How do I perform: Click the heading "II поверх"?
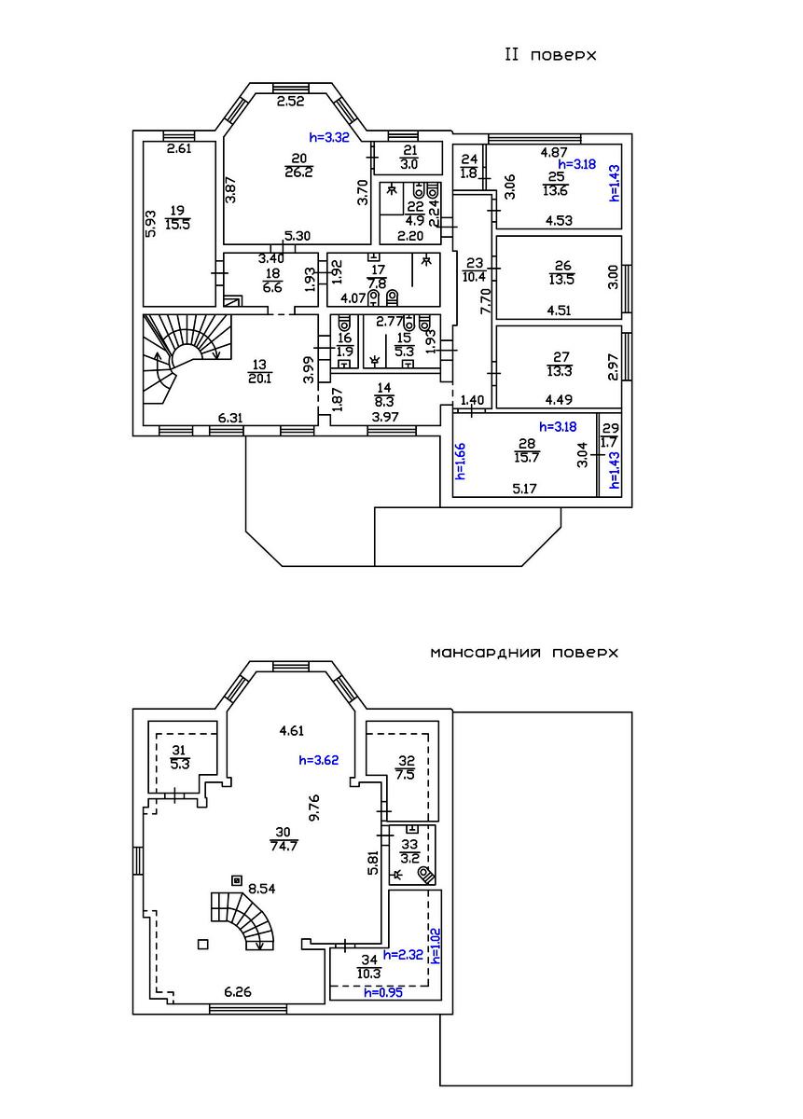[x=550, y=55]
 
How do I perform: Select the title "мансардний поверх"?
[x=524, y=653]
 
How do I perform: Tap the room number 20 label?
[x=298, y=157]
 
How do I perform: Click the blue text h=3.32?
[x=330, y=137]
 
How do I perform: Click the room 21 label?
[x=409, y=150]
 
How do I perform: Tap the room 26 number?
[x=561, y=265]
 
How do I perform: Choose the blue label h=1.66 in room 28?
[x=460, y=461]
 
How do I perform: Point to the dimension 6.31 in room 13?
[x=231, y=419]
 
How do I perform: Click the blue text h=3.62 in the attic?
[x=318, y=760]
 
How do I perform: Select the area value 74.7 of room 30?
[x=284, y=846]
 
